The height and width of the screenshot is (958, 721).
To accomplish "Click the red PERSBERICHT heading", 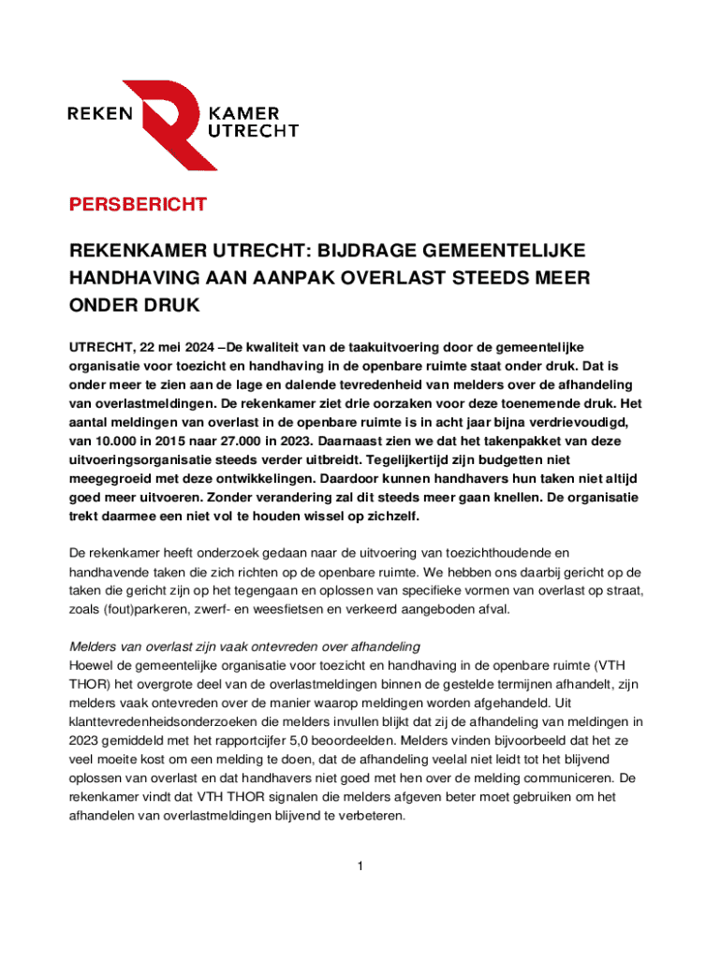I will click(x=137, y=205).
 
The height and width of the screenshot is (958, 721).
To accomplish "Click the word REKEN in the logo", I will click(x=102, y=114).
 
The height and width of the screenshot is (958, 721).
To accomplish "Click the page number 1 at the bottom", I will click(x=360, y=866).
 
